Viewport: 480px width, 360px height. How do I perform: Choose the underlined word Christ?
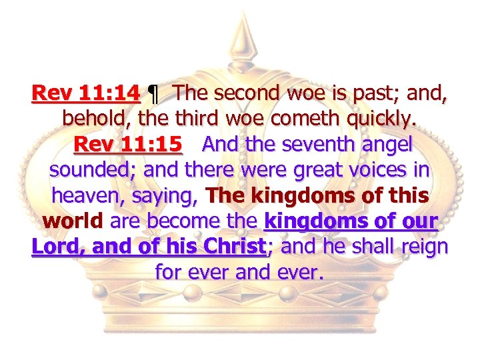[231, 246]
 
